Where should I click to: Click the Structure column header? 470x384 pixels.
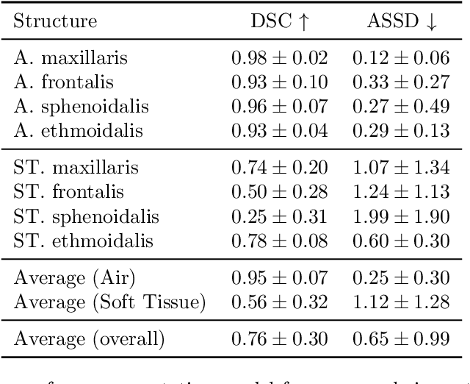pos(55,21)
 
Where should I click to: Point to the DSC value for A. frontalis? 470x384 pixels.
pos(280,82)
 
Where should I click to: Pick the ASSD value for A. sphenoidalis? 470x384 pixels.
pos(400,107)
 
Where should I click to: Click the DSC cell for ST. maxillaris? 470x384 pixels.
pos(280,168)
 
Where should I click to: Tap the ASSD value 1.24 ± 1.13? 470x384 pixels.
pos(400,193)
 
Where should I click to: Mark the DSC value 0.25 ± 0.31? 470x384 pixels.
pos(280,218)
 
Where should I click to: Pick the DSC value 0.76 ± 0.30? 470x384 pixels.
pos(280,339)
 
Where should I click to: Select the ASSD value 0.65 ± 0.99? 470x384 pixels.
pos(400,339)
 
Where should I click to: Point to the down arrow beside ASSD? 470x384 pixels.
pos(432,21)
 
